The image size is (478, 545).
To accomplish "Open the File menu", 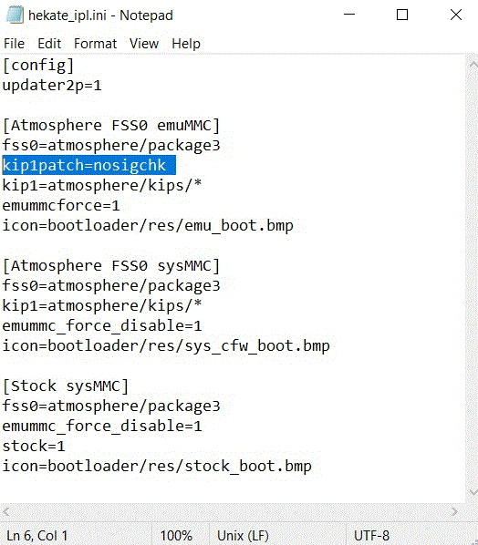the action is point(14,44).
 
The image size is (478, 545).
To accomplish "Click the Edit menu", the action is point(49,44).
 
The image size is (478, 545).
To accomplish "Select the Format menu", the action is point(95,44).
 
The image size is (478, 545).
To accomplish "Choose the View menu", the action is point(144,44).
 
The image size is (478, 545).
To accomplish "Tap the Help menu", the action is point(186,44).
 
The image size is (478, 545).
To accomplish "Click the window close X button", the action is point(456,15).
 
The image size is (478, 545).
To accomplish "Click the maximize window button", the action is point(402,15).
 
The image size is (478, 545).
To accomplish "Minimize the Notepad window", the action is point(349,15).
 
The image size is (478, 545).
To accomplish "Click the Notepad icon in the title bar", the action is point(15,15).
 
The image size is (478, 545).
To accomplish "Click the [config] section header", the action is point(38,66).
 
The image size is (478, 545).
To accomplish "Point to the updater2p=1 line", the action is point(52,86).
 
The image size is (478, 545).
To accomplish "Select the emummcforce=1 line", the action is point(61,205).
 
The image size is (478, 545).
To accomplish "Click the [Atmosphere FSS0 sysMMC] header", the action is point(111,266).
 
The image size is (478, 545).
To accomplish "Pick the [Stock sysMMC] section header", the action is point(66,386).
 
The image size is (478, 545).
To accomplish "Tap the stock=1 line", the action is point(34,447).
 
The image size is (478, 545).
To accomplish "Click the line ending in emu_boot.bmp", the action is point(148,226).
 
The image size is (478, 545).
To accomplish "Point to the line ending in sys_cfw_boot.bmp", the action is point(166,346).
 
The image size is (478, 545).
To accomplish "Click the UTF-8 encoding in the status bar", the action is point(371,536).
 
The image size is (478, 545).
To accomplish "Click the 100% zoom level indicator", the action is point(176,536).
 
